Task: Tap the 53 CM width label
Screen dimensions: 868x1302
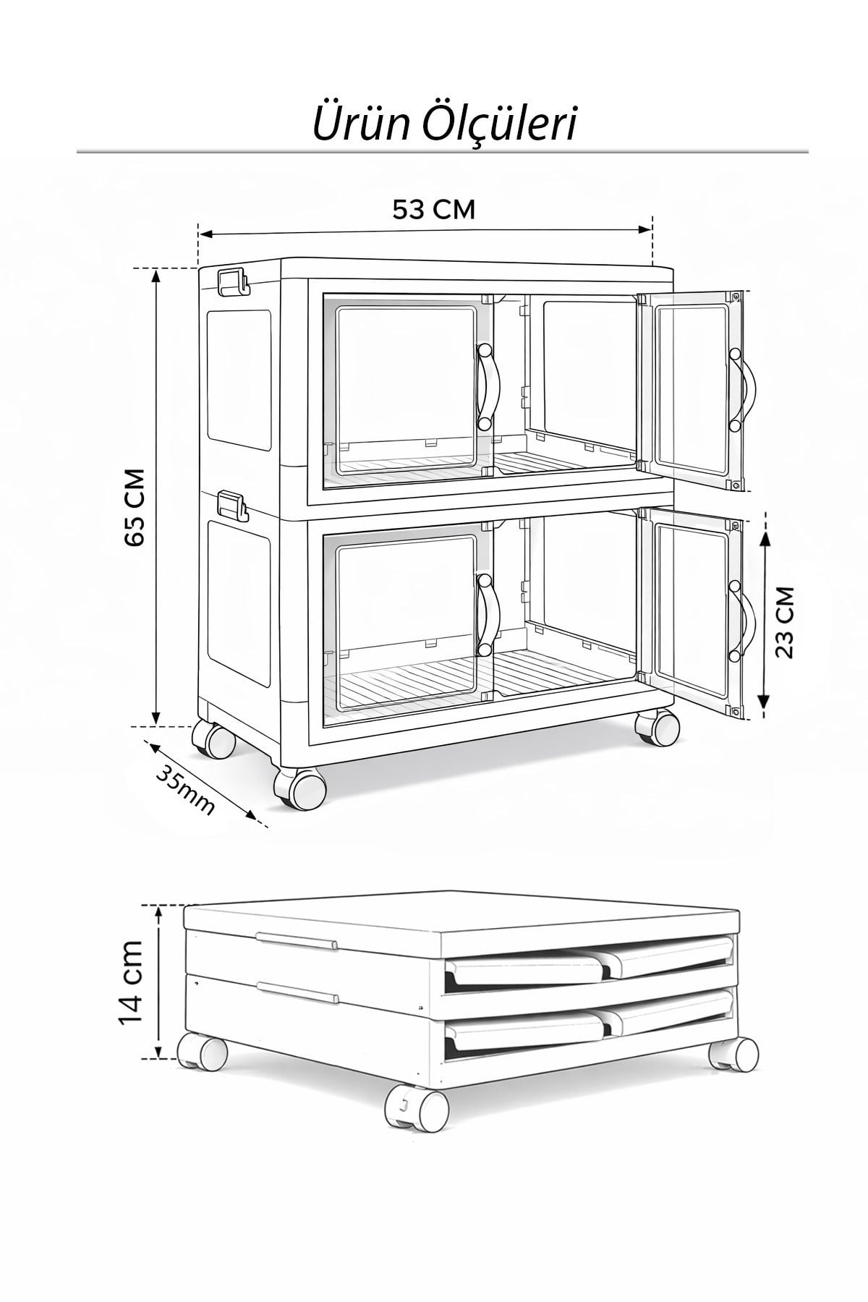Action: [x=433, y=209]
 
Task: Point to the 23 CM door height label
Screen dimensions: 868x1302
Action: [x=784, y=621]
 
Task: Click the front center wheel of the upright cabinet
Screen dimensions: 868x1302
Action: [x=298, y=788]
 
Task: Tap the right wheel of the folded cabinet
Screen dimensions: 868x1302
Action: [x=734, y=1055]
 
